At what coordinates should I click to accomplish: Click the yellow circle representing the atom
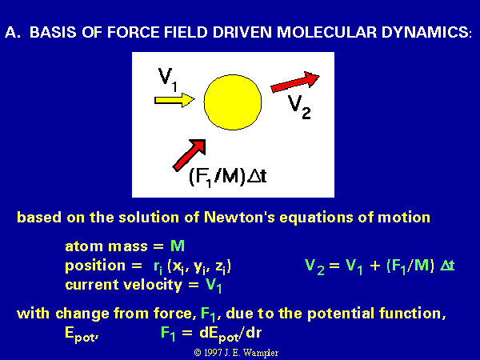click(233, 102)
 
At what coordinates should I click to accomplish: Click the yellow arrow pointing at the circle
click(174, 100)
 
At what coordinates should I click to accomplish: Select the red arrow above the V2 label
click(295, 82)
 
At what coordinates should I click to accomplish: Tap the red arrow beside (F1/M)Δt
click(189, 155)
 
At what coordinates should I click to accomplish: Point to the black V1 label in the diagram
click(168, 79)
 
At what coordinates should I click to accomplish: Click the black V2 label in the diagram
click(300, 107)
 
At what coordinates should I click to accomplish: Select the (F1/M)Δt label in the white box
click(228, 177)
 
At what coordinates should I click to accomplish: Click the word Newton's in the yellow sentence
click(239, 217)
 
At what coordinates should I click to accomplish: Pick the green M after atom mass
click(178, 246)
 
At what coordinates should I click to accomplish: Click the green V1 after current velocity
click(214, 286)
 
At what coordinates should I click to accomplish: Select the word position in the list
click(95, 266)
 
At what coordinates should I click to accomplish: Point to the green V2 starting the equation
click(314, 267)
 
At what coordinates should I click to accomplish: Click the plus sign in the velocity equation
click(375, 266)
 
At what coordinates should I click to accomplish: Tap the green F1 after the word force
click(208, 314)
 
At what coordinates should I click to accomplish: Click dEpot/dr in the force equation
click(230, 334)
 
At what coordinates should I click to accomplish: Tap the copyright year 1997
click(213, 353)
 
